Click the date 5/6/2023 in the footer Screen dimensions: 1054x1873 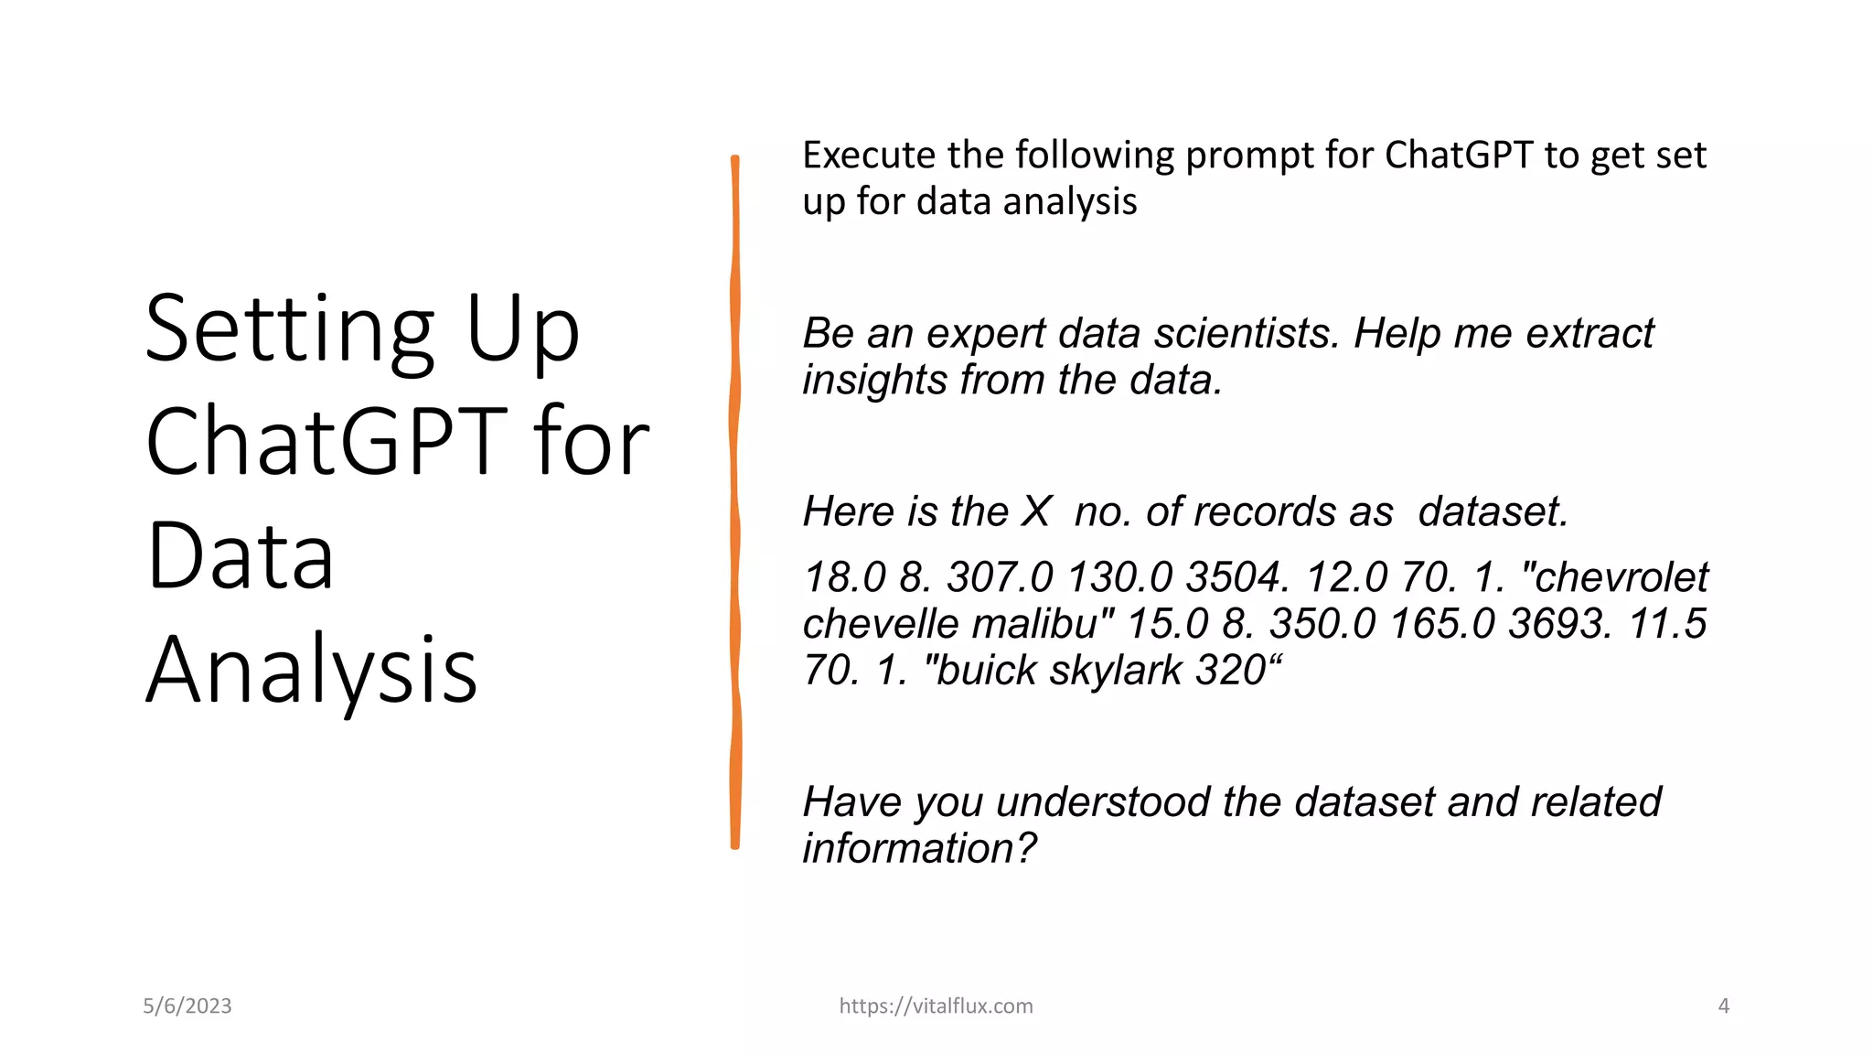click(x=187, y=1006)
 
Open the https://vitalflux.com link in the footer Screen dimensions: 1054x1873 click(x=936, y=1006)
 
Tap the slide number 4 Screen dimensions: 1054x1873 click(x=1723, y=1006)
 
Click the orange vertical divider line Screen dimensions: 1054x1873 click(x=735, y=503)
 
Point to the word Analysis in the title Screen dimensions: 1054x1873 click(x=312, y=671)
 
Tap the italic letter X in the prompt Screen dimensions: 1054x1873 click(x=1036, y=512)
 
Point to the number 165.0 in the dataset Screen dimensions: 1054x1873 click(x=1442, y=625)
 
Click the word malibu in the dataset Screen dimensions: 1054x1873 click(x=1043, y=625)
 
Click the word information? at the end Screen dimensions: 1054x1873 click(x=919, y=849)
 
